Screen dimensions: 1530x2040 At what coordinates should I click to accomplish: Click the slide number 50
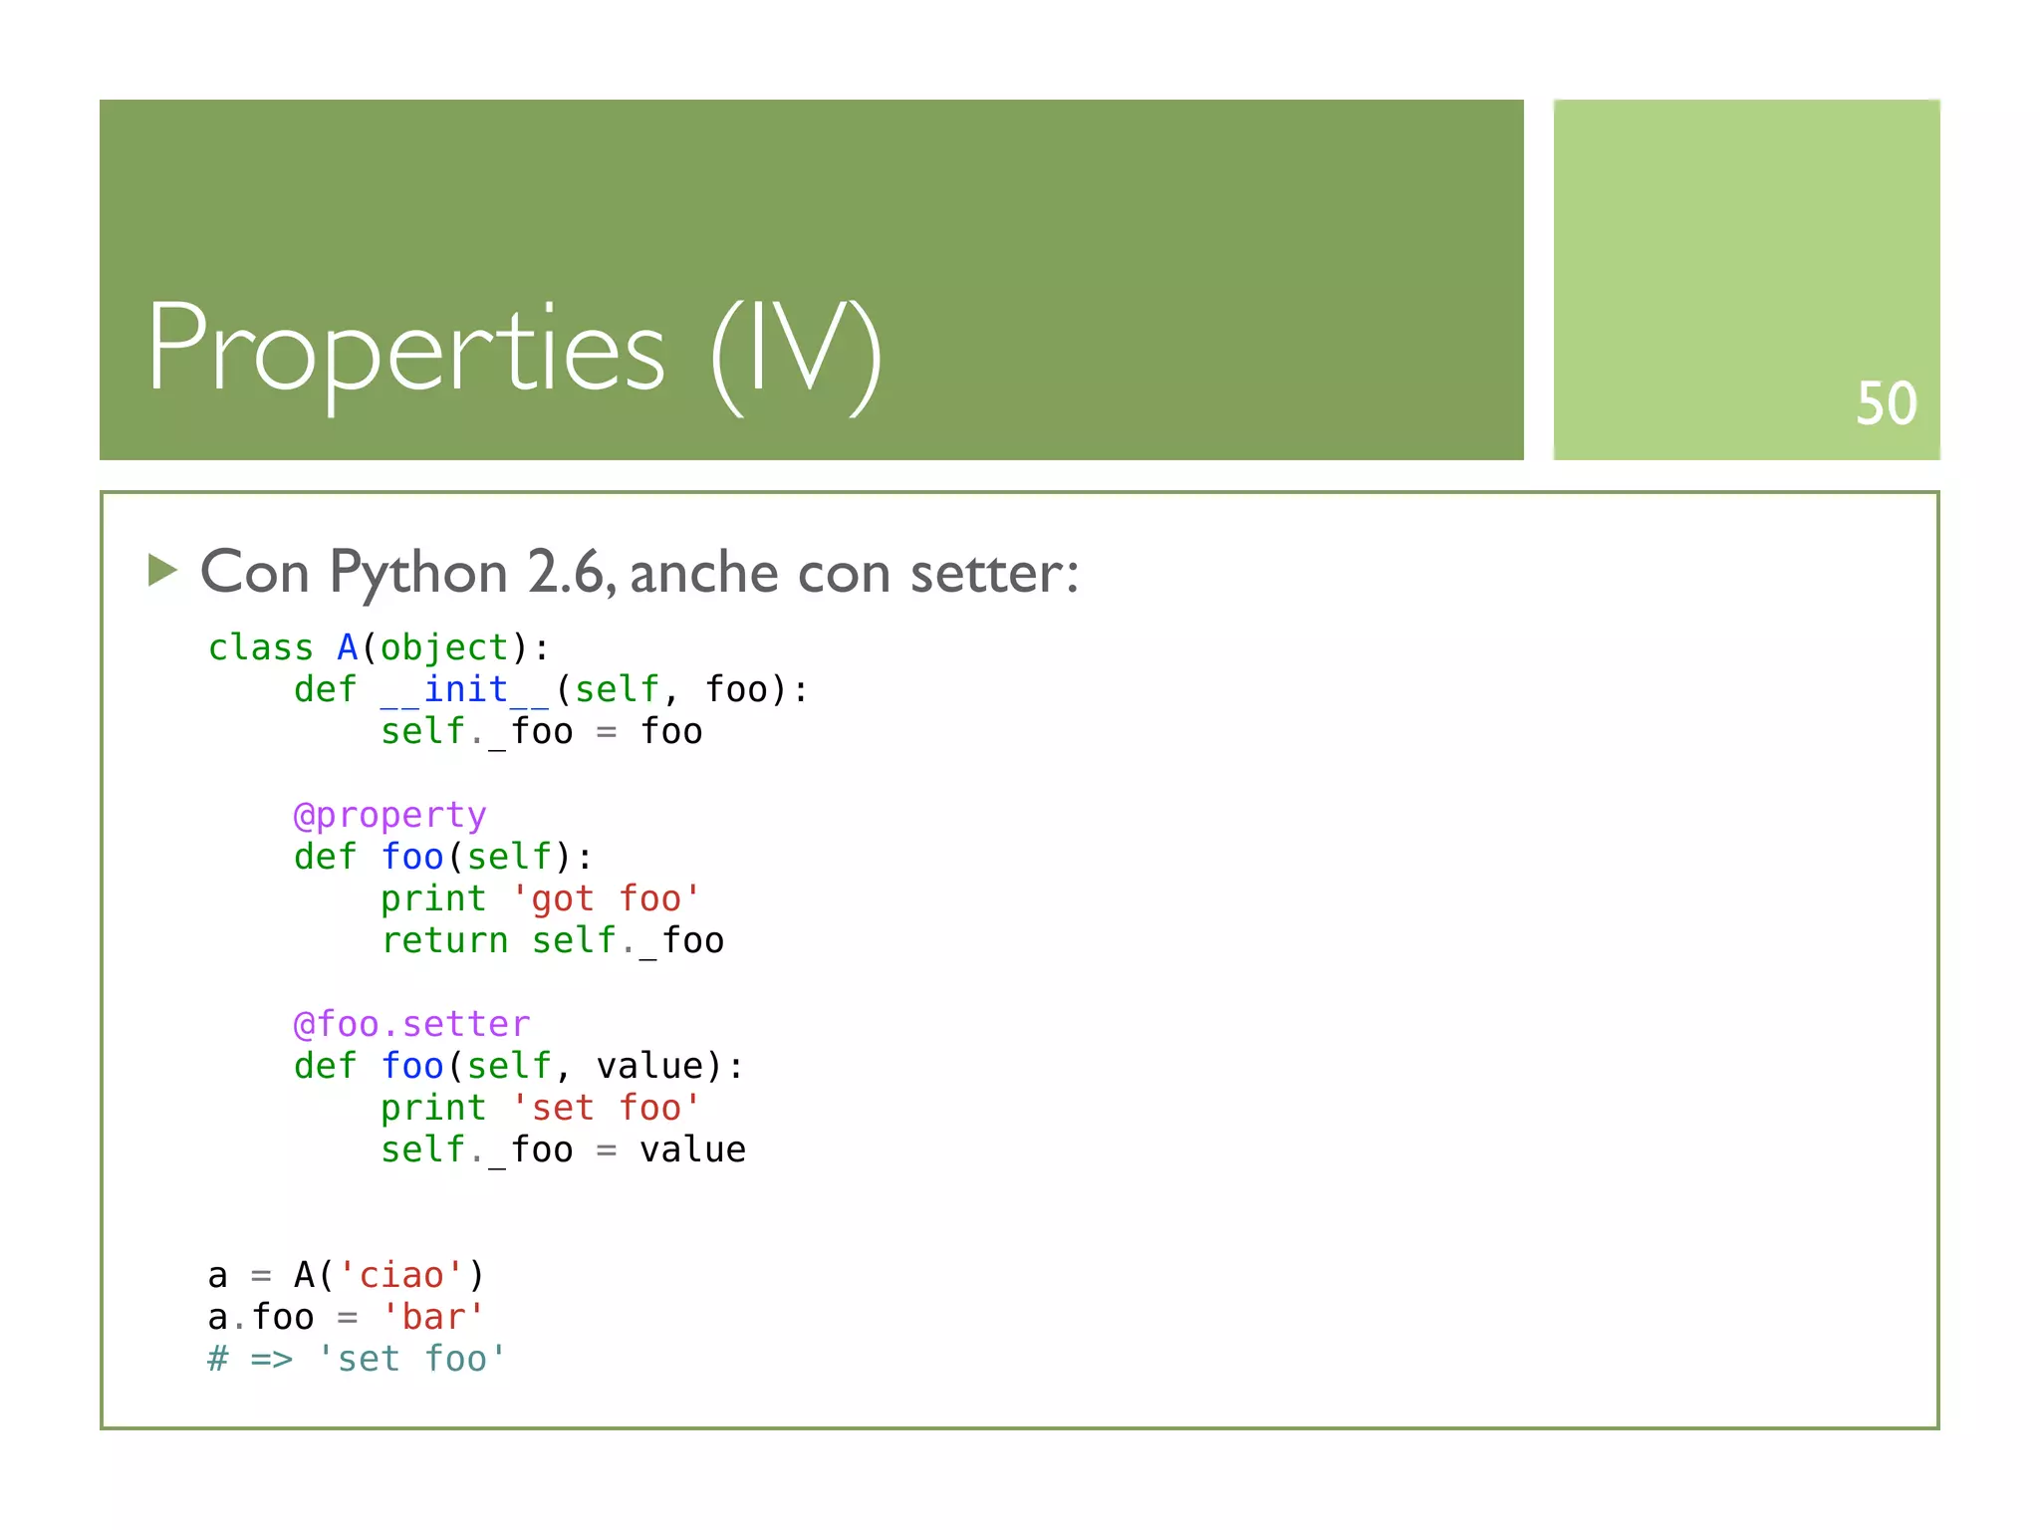click(x=1886, y=403)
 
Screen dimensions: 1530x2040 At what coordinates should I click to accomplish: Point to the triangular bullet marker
click(x=162, y=570)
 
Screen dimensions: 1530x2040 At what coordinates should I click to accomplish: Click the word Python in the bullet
click(x=418, y=574)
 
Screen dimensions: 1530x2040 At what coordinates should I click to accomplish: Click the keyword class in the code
click(x=260, y=647)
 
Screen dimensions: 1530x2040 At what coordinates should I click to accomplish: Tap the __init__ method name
click(x=465, y=689)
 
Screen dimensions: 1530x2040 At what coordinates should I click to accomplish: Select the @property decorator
click(x=389, y=815)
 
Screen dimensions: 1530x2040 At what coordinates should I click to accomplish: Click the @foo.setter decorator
click(x=411, y=1024)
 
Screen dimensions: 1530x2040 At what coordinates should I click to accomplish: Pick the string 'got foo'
click(x=606, y=898)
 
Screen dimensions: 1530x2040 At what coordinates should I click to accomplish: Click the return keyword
click(x=444, y=940)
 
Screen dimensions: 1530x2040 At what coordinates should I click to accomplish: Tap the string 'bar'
click(x=433, y=1317)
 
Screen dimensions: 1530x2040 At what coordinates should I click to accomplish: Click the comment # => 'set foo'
click(x=357, y=1359)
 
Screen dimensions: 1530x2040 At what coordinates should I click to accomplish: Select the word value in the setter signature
click(x=650, y=1066)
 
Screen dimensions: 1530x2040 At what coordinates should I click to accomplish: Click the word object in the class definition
click(x=444, y=647)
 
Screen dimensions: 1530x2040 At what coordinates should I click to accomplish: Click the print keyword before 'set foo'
click(x=433, y=1108)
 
